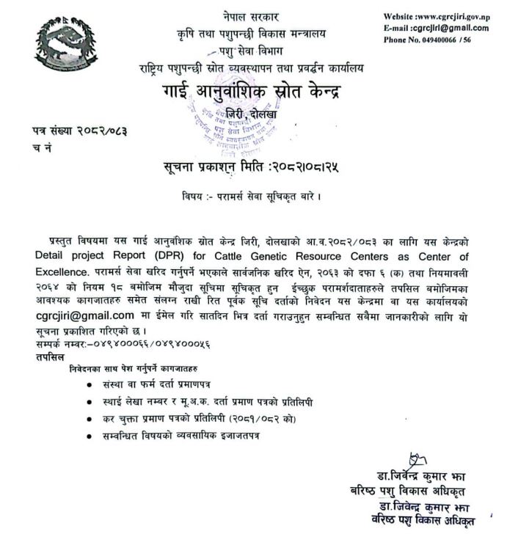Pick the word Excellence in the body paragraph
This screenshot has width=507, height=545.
click(x=61, y=270)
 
